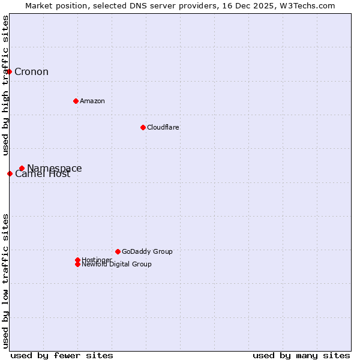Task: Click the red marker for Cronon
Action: click(x=9, y=71)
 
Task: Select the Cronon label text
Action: click(x=31, y=72)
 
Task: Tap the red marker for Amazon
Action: click(x=76, y=101)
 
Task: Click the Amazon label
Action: click(x=92, y=101)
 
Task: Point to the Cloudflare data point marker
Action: click(x=143, y=127)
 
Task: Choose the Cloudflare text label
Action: click(x=163, y=127)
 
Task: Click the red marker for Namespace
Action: click(x=22, y=168)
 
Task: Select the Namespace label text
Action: click(x=55, y=168)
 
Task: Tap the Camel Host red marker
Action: click(x=10, y=173)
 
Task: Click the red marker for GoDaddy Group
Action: click(x=118, y=251)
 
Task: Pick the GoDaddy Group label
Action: click(x=147, y=251)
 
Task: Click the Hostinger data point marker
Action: click(x=77, y=260)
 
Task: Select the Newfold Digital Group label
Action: click(x=116, y=265)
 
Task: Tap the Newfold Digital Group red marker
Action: click(x=77, y=264)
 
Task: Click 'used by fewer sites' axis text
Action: click(x=62, y=355)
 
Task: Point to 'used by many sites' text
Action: click(x=301, y=355)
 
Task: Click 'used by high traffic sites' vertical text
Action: click(x=5, y=85)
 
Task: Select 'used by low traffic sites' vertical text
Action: click(x=5, y=280)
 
